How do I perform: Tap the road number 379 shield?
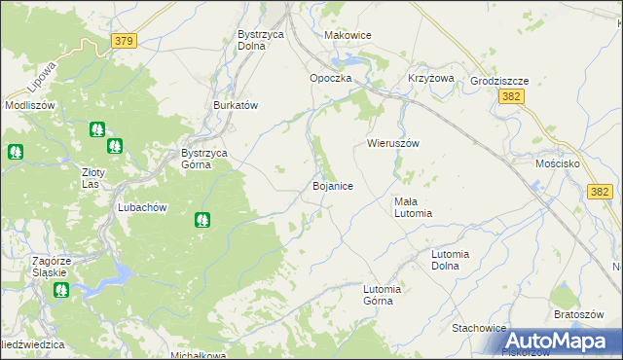tap(124, 41)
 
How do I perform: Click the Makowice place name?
tap(348, 35)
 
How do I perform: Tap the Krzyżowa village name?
tap(431, 79)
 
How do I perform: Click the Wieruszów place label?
tap(392, 143)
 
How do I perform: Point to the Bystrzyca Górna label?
tap(210, 159)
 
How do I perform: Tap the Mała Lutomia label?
tap(413, 207)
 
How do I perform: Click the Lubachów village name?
tap(143, 207)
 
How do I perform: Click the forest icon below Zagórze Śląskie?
tap(61, 290)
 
